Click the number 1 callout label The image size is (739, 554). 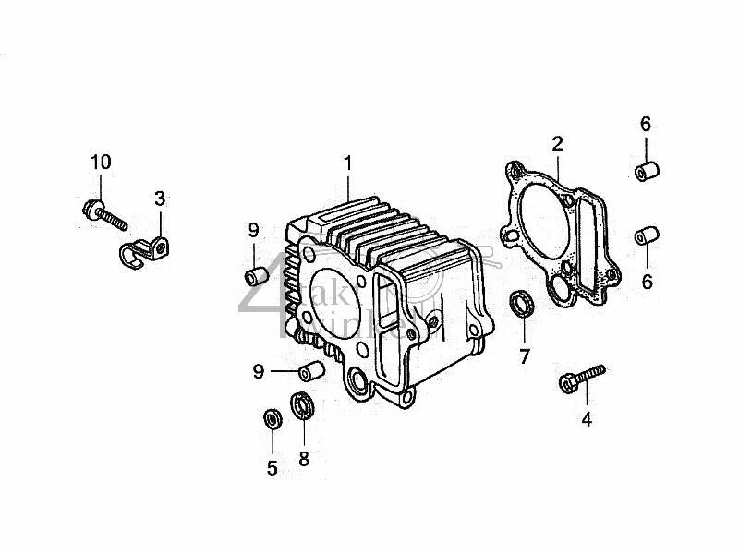[348, 163]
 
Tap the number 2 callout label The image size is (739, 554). [557, 143]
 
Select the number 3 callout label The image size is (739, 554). [160, 198]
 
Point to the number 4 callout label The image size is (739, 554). [586, 420]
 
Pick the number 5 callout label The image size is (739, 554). [272, 468]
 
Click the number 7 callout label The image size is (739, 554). [524, 356]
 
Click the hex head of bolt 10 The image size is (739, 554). [91, 208]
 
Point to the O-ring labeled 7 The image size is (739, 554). [523, 305]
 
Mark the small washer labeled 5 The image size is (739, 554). [272, 418]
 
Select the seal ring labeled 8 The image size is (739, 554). [302, 405]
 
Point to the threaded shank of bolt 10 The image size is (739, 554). [115, 219]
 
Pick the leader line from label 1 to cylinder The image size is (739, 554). [348, 185]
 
